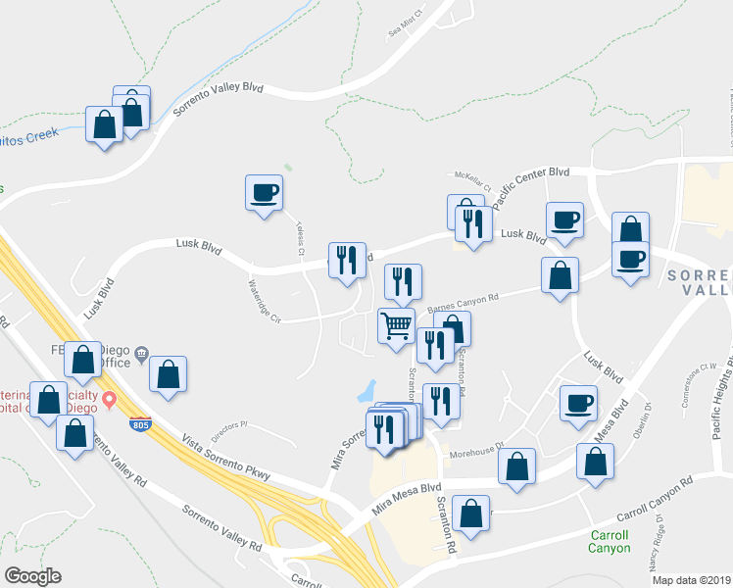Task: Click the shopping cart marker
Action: coord(397,325)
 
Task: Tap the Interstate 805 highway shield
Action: coord(138,424)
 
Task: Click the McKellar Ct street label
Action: coord(473,177)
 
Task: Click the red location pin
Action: coord(110,400)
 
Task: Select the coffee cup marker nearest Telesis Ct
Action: coord(264,190)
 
